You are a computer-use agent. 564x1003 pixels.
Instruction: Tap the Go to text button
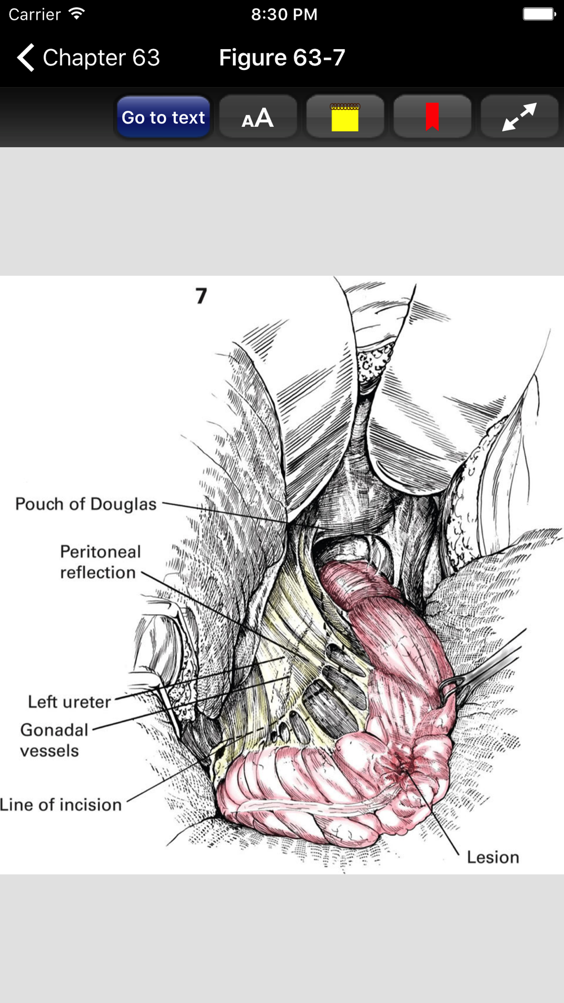pyautogui.click(x=164, y=117)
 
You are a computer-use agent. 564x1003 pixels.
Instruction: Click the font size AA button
pyautogui.click(x=258, y=117)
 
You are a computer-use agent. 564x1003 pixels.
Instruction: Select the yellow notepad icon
pyautogui.click(x=345, y=117)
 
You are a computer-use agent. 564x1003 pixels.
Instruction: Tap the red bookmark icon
pyautogui.click(x=432, y=117)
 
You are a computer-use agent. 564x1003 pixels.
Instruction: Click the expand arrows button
pyautogui.click(x=519, y=117)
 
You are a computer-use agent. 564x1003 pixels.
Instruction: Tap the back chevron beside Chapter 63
pyautogui.click(x=26, y=58)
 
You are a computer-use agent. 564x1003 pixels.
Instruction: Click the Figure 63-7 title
pyautogui.click(x=282, y=58)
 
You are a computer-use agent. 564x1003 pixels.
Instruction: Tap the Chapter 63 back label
pyautogui.click(x=102, y=58)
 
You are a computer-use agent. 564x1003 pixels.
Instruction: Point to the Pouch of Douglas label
pyautogui.click(x=86, y=504)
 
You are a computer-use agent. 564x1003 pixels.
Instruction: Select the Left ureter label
pyautogui.click(x=69, y=702)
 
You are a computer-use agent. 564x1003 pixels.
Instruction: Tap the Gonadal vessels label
pyautogui.click(x=54, y=740)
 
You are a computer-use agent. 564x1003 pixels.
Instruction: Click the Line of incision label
pyautogui.click(x=61, y=804)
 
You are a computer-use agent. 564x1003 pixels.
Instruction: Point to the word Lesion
pyautogui.click(x=493, y=857)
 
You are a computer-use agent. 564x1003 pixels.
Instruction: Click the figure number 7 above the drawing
pyautogui.click(x=201, y=296)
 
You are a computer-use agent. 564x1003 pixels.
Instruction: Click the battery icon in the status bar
pyautogui.click(x=539, y=14)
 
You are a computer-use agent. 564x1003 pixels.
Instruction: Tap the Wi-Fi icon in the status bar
pyautogui.click(x=76, y=14)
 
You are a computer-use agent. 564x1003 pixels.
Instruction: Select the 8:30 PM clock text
pyautogui.click(x=284, y=14)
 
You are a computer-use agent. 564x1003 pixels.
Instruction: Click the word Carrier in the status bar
pyautogui.click(x=34, y=14)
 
